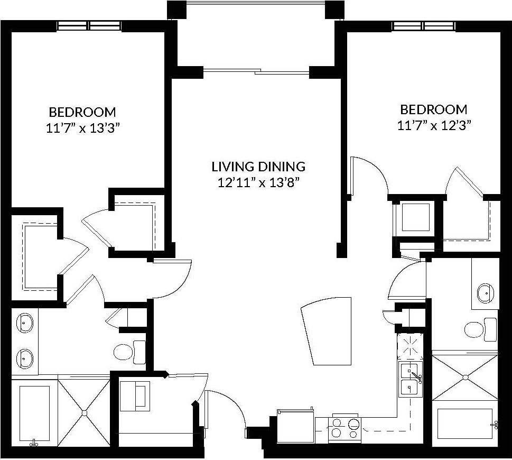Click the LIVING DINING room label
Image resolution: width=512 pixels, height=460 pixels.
point(258,167)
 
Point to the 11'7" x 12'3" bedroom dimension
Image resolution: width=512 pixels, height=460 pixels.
point(434,125)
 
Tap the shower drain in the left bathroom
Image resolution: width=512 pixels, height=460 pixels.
point(83,412)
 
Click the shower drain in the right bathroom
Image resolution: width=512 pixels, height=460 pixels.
point(465,377)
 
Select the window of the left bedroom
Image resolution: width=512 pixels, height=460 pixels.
point(89,25)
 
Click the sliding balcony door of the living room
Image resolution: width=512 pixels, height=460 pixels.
point(256,71)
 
